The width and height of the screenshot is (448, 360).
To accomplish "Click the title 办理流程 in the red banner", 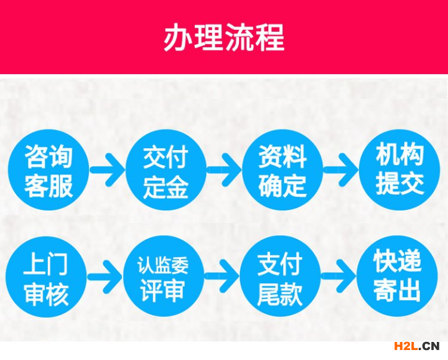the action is tap(224, 37).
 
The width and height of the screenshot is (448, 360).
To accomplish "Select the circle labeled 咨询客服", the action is tap(49, 170).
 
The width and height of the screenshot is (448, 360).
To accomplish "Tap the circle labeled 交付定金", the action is tap(166, 170).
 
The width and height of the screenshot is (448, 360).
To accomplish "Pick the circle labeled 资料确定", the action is tap(282, 170).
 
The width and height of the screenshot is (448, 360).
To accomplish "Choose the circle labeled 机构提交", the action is tap(399, 170).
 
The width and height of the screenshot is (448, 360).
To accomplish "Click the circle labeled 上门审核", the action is tap(46, 277).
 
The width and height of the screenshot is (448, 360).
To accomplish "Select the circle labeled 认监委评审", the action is tap(164, 277).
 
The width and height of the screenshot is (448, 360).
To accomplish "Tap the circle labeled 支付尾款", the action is tap(280, 277).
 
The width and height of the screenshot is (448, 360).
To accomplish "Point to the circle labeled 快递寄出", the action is tap(397, 277).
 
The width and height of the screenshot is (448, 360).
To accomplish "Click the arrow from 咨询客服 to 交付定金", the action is tap(108, 170).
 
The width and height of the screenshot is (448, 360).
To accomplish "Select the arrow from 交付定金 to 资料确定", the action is tap(224, 170).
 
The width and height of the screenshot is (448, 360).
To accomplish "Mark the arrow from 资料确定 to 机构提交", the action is tap(341, 170).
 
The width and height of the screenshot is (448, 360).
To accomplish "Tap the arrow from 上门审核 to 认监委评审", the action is tap(105, 277).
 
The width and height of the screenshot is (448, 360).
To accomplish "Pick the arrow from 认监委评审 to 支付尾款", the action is tap(222, 277).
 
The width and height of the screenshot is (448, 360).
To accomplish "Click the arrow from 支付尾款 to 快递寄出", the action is tap(339, 277).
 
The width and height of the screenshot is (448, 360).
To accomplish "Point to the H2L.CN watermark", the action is tap(416, 346).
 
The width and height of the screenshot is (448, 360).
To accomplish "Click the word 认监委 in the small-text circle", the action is tap(163, 265).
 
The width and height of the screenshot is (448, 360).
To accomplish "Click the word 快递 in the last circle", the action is tap(397, 260).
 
